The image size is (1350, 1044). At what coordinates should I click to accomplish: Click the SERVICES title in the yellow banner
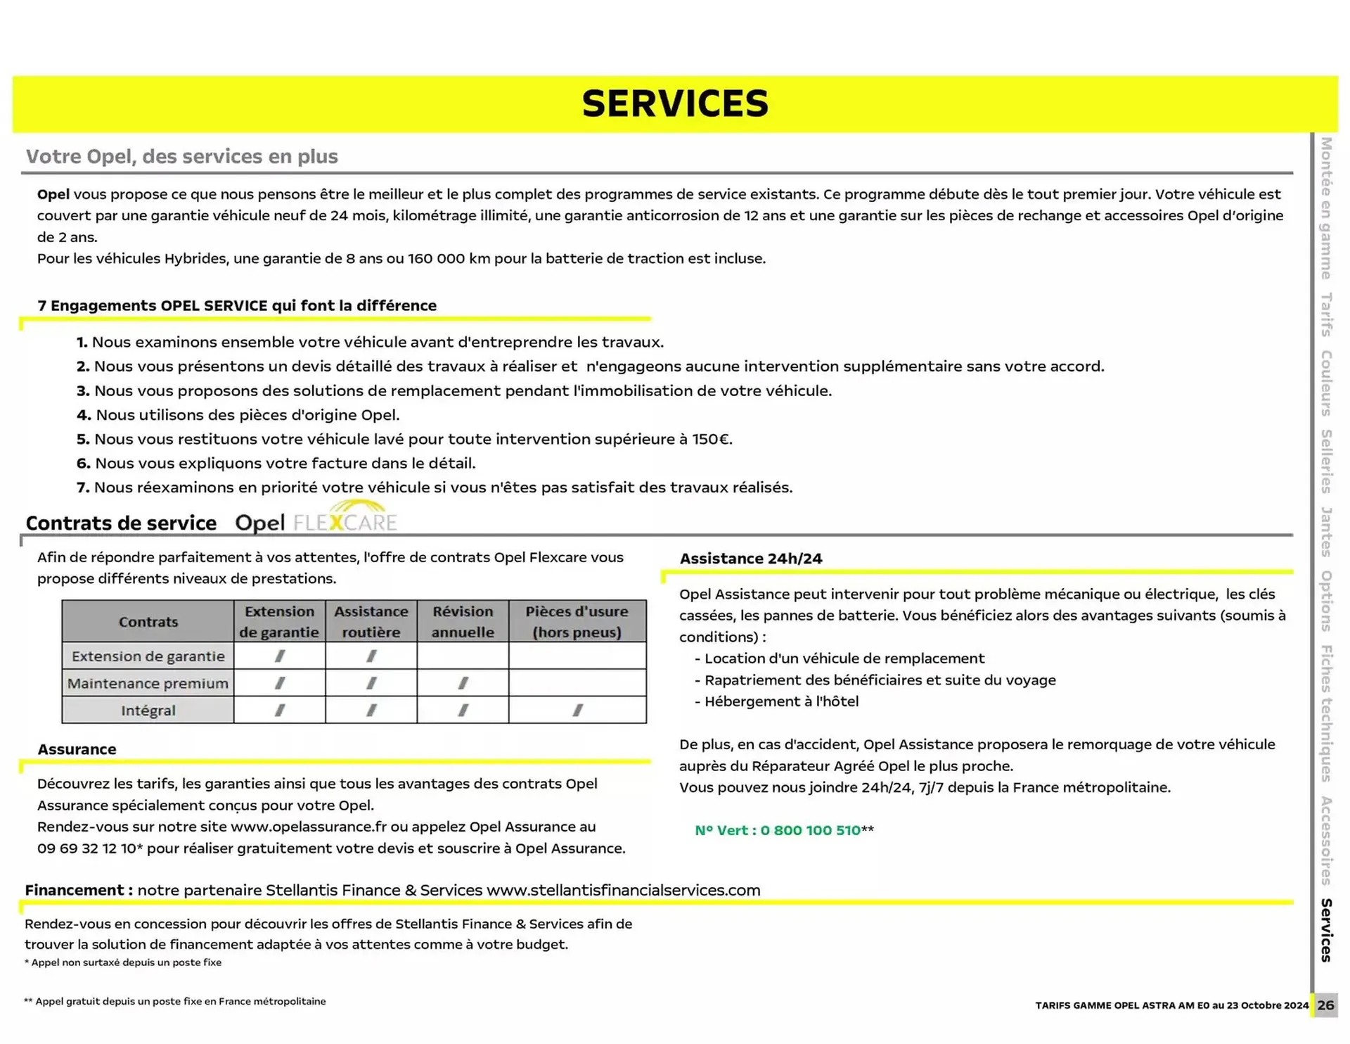tap(675, 103)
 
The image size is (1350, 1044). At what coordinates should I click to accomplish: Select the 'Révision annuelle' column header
tap(462, 621)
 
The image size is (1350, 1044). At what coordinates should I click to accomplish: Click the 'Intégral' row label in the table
tap(148, 711)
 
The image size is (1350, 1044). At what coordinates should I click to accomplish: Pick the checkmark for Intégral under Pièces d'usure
tap(577, 711)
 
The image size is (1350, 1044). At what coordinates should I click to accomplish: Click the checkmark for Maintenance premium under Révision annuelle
tap(463, 683)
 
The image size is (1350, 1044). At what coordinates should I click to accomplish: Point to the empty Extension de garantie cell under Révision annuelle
tap(463, 656)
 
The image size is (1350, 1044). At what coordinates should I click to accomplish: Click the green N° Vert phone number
tap(777, 830)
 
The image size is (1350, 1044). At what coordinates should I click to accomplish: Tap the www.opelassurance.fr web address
tap(309, 827)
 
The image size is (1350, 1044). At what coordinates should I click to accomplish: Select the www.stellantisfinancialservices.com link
tap(623, 890)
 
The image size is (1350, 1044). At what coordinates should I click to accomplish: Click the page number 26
tap(1325, 1005)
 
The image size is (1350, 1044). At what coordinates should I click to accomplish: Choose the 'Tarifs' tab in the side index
tap(1326, 314)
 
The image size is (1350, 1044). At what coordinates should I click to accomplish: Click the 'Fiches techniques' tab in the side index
tap(1326, 713)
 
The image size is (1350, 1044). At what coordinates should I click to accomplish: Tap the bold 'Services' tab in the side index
tap(1326, 930)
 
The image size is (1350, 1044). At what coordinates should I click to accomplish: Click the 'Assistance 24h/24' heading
tap(750, 559)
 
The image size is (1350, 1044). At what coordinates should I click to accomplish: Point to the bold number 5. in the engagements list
tap(83, 440)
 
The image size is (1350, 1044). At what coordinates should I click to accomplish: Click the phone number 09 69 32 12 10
tap(86, 848)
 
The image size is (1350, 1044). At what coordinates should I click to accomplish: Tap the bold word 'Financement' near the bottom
tap(74, 890)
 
